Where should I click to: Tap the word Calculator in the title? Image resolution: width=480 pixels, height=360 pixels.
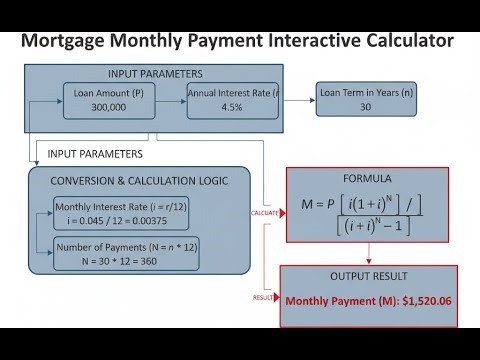[401, 41]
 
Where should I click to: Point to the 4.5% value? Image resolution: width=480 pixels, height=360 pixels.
[232, 108]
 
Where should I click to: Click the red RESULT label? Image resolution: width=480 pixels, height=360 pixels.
[265, 297]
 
